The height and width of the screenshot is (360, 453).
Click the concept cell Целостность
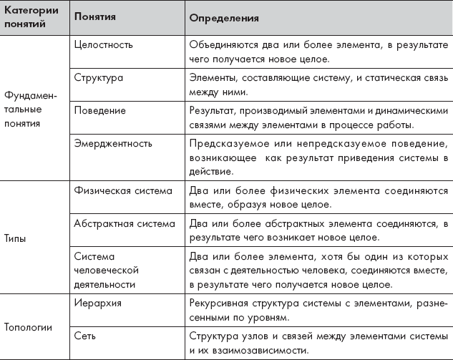104,44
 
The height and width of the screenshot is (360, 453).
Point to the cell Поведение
100,111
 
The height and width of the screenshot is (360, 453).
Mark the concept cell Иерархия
97,303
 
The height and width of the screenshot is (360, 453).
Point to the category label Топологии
28,327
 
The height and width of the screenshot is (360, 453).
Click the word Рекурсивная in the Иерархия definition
218,303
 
